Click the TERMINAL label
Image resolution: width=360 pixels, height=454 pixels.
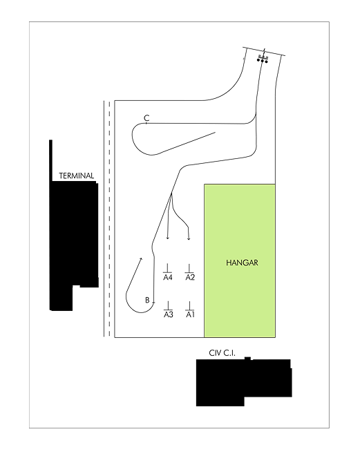point(77,176)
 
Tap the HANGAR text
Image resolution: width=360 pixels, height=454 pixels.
point(242,263)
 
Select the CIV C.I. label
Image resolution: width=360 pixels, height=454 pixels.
point(222,353)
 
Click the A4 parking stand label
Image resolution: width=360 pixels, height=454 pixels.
point(168,277)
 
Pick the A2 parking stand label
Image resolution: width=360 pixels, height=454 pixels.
point(190,277)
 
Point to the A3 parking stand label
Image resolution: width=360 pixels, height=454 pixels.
point(169,314)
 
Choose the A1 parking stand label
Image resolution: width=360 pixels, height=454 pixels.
point(190,314)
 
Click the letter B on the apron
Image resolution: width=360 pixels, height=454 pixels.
point(147,301)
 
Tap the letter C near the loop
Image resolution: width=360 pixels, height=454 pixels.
point(146,118)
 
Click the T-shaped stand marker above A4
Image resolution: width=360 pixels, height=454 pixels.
point(167,268)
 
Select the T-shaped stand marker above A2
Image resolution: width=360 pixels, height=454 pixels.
point(189,268)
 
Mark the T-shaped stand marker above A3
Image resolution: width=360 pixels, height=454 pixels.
point(168,305)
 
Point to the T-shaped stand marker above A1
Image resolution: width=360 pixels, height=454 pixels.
point(190,305)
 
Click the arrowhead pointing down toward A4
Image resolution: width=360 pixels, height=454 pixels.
point(167,238)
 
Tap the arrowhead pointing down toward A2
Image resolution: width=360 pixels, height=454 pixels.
point(189,238)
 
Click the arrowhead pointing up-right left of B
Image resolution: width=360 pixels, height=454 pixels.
point(142,258)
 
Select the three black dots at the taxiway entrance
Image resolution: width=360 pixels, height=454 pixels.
point(263,61)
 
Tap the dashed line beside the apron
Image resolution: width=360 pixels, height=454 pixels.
point(109,219)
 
